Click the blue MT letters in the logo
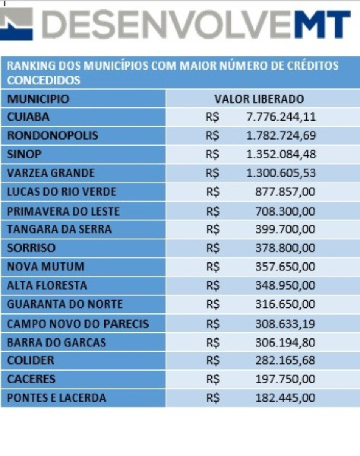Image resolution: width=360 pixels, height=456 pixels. (321, 24)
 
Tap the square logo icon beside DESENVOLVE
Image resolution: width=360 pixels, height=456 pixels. (16, 24)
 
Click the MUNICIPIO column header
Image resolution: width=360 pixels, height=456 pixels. (38, 99)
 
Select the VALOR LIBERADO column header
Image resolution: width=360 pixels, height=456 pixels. (259, 99)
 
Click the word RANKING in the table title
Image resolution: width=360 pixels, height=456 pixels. (31, 65)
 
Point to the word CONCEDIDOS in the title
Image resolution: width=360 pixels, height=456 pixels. (43, 81)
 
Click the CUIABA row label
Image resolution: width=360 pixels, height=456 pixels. (28, 117)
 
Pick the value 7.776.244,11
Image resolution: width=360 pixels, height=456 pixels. (281, 117)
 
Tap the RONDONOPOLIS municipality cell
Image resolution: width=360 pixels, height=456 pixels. (52, 135)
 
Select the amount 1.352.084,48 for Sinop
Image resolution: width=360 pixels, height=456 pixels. (281, 154)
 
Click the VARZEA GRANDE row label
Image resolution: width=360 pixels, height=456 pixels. (51, 173)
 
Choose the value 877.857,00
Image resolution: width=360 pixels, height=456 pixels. (286, 192)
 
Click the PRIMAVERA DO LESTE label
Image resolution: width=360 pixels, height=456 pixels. (63, 211)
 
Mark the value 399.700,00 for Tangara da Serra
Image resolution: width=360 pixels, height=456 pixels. (286, 230)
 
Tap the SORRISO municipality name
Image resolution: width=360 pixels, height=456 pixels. (31, 248)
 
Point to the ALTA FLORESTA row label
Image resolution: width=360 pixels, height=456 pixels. (47, 285)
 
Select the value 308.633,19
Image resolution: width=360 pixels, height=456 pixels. (286, 324)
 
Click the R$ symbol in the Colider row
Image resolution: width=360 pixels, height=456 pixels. (213, 360)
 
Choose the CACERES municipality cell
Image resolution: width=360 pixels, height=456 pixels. (31, 379)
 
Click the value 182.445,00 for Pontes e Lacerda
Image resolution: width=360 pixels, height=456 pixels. (286, 397)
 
